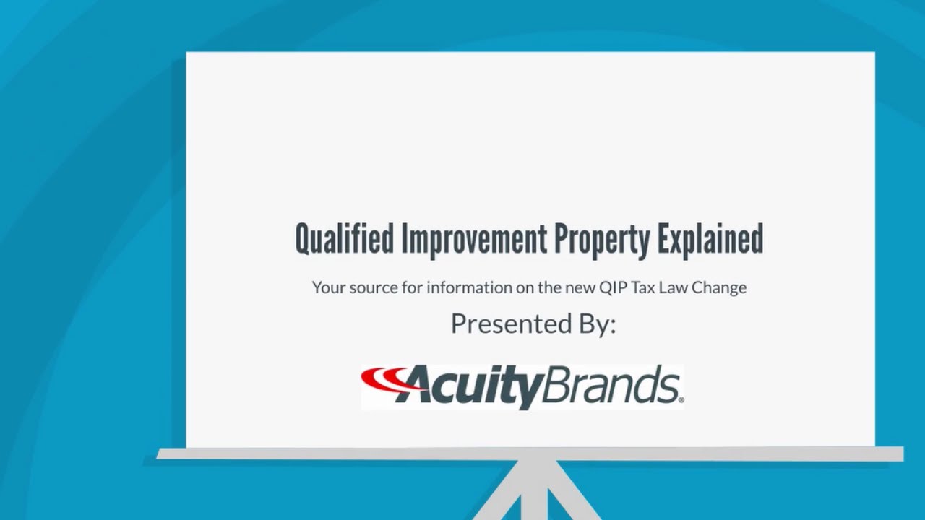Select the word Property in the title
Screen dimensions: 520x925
tap(602, 240)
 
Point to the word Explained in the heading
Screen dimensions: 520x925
tap(710, 240)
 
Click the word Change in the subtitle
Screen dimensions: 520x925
tap(719, 287)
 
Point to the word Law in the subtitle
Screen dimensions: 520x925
tap(674, 287)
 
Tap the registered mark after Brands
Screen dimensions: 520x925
tap(681, 398)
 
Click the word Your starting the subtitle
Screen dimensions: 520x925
tap(329, 287)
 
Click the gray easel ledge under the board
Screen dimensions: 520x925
tap(530, 454)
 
